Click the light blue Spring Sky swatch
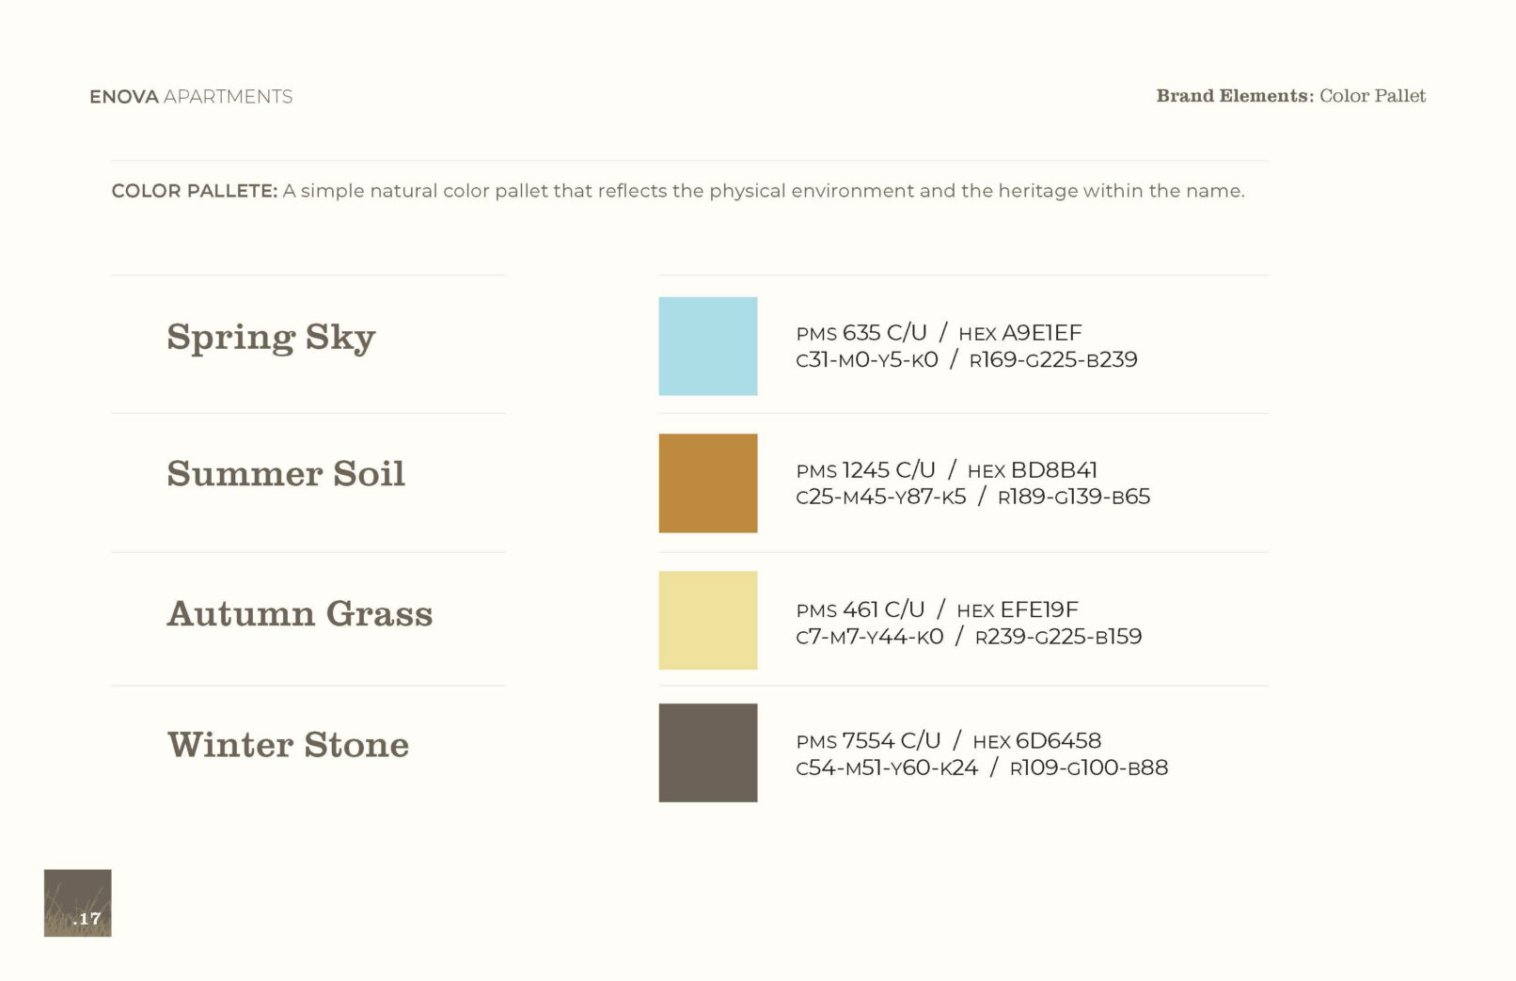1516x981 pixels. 708,346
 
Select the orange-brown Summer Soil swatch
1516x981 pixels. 708,483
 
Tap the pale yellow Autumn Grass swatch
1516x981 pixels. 708,620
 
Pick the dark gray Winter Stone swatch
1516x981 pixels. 708,752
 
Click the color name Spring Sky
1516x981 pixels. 271,337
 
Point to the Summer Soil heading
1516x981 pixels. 286,473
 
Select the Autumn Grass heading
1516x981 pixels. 300,613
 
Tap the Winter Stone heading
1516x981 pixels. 289,745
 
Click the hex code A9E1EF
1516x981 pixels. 1042,332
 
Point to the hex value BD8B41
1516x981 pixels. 1053,470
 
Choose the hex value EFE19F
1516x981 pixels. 1039,609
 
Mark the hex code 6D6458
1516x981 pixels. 1059,740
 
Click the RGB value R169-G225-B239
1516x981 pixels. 1053,359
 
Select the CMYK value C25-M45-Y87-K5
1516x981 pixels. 881,497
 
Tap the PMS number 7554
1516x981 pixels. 868,740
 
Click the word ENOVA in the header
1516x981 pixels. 124,97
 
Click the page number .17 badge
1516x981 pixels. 78,903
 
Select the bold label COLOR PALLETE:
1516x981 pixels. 195,191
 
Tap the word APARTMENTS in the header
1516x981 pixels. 229,97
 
